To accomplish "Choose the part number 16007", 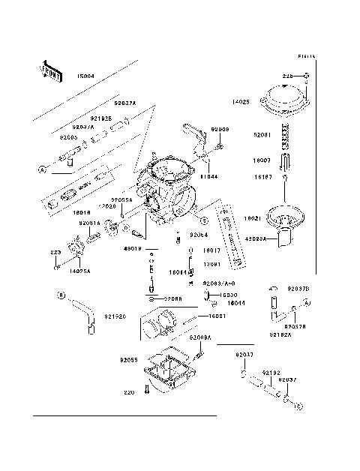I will point(262,160).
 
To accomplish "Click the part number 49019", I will point(131,248).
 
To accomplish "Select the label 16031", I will point(217,316).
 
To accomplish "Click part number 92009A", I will point(202,337).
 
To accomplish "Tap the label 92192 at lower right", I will point(271,372).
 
